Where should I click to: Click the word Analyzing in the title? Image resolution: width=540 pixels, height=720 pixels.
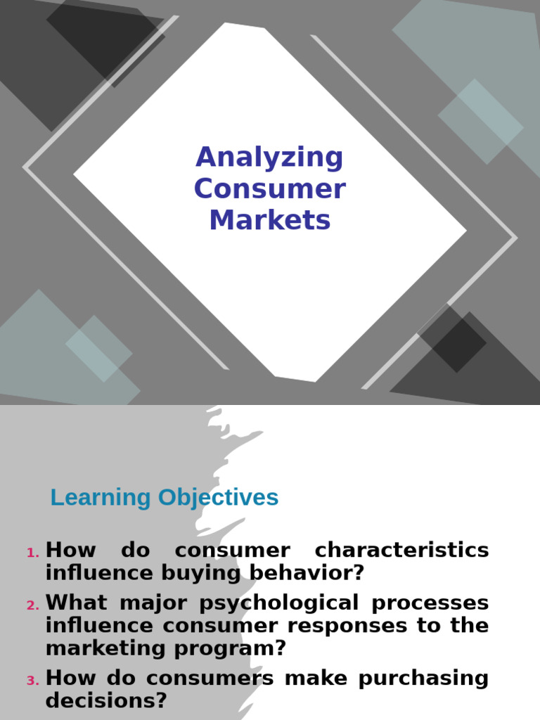click(x=269, y=157)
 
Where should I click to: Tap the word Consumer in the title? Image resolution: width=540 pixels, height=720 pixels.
click(x=269, y=189)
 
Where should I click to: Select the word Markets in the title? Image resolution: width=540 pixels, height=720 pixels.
click(x=269, y=220)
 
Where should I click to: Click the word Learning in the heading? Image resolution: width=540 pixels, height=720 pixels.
click(x=101, y=498)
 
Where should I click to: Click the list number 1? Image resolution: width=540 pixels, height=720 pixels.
click(x=32, y=553)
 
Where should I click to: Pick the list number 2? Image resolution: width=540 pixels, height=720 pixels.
click(x=32, y=605)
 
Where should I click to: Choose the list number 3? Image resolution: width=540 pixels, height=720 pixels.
click(x=32, y=681)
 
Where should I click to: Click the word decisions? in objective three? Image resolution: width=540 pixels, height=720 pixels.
click(x=106, y=700)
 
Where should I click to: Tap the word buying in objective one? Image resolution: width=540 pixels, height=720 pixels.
click(x=202, y=572)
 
